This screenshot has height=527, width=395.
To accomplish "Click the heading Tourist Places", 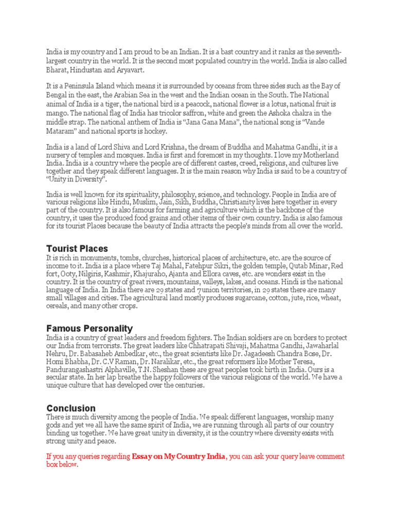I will (77, 249).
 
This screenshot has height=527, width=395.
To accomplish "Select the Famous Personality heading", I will (89, 328).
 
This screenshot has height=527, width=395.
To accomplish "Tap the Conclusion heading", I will (71, 408).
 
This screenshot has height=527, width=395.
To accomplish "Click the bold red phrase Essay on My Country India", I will (178, 456).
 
